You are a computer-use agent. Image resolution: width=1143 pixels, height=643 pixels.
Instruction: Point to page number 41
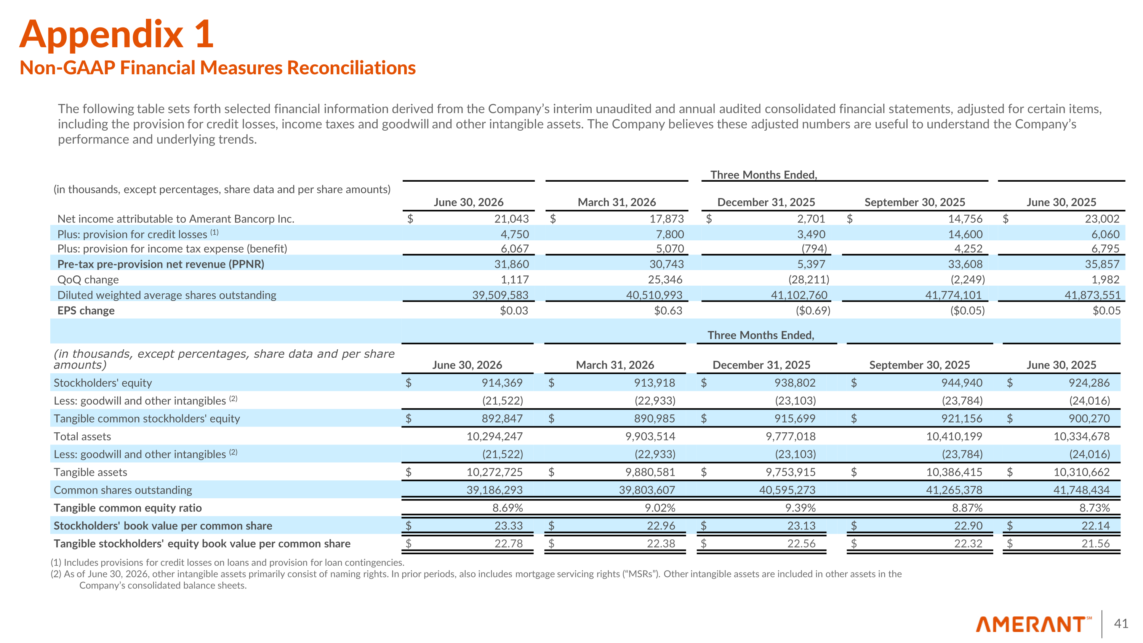[1121, 624]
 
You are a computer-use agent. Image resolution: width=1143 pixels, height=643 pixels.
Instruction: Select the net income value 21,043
[512, 219]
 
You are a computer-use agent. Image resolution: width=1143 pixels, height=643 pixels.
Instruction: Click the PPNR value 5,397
[811, 264]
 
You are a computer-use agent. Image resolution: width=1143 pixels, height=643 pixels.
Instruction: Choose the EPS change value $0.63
[668, 310]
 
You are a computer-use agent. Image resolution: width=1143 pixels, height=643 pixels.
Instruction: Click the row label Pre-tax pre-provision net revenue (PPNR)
[161, 264]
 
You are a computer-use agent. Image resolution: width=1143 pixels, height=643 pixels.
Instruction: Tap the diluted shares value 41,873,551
[1092, 295]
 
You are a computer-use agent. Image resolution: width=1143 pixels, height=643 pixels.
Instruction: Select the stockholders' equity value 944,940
[962, 382]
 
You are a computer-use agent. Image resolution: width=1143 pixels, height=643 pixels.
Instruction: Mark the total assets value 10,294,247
[494, 436]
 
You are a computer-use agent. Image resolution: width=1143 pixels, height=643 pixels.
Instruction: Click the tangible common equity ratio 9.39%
[800, 508]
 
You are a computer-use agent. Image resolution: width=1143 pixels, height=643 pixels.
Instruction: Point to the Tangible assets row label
[91, 472]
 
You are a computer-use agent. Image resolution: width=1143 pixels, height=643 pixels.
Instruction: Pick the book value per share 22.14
[1095, 525]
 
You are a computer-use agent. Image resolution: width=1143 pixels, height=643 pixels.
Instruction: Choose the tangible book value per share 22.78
[509, 543]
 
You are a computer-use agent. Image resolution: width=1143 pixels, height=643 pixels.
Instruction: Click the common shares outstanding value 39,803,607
[647, 490]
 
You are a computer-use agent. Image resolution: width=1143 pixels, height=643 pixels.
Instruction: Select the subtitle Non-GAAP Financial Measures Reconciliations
[218, 68]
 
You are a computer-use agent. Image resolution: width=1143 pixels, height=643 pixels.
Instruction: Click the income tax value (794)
[814, 248]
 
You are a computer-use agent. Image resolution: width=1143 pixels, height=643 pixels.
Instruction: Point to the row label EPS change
[86, 310]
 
